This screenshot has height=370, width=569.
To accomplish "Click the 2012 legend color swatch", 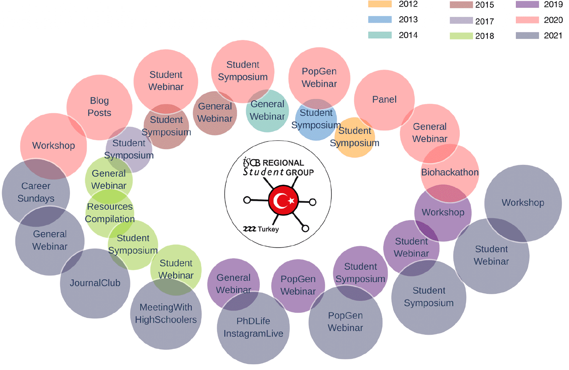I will [x=380, y=4].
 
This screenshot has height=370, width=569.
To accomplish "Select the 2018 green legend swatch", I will [x=461, y=36].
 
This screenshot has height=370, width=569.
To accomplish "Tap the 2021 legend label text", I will [x=553, y=35].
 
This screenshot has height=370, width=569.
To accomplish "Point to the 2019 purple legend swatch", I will [x=527, y=4].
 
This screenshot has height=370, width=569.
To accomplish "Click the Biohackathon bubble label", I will [x=450, y=172].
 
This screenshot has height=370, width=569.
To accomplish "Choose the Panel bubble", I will [x=384, y=100].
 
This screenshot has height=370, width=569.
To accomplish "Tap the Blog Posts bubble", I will [x=99, y=107].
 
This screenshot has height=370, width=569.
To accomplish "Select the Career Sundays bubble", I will [x=36, y=192].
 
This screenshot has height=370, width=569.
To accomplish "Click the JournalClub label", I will [x=95, y=283].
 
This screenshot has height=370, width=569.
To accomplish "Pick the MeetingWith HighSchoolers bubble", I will [x=166, y=314].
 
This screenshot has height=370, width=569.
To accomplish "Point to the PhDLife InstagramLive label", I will [x=253, y=327].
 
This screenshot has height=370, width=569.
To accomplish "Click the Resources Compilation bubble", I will [x=110, y=213].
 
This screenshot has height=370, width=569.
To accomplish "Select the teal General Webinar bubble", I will [x=267, y=111].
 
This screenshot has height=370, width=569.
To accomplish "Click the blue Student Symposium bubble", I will [x=316, y=119].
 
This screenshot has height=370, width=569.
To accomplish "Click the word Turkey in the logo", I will [x=268, y=229].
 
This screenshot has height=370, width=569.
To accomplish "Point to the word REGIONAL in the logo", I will [x=283, y=163].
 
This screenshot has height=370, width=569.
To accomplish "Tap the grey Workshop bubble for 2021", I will [x=523, y=203].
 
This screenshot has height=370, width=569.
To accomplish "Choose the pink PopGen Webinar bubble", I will [x=319, y=78].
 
